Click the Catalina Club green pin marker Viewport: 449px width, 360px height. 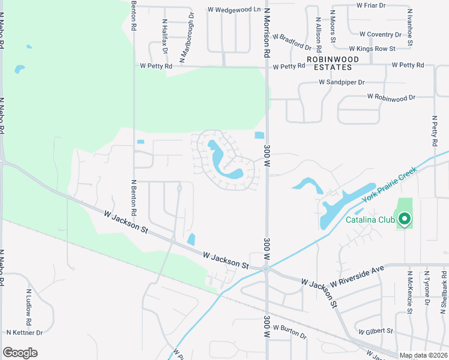[x=404, y=220]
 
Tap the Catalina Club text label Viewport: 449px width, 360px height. [x=370, y=220]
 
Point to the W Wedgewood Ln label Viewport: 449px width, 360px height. [x=234, y=10]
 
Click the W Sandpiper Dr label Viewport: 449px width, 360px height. [x=342, y=82]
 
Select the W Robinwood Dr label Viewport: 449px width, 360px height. [x=391, y=97]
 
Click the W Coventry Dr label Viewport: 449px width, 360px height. [x=384, y=34]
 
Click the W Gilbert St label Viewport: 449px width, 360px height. [x=375, y=331]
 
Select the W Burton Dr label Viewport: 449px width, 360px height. [x=290, y=330]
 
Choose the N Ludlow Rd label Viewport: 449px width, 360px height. [x=28, y=304]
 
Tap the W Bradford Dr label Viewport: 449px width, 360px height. [x=292, y=41]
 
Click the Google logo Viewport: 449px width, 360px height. [x=20, y=353]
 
